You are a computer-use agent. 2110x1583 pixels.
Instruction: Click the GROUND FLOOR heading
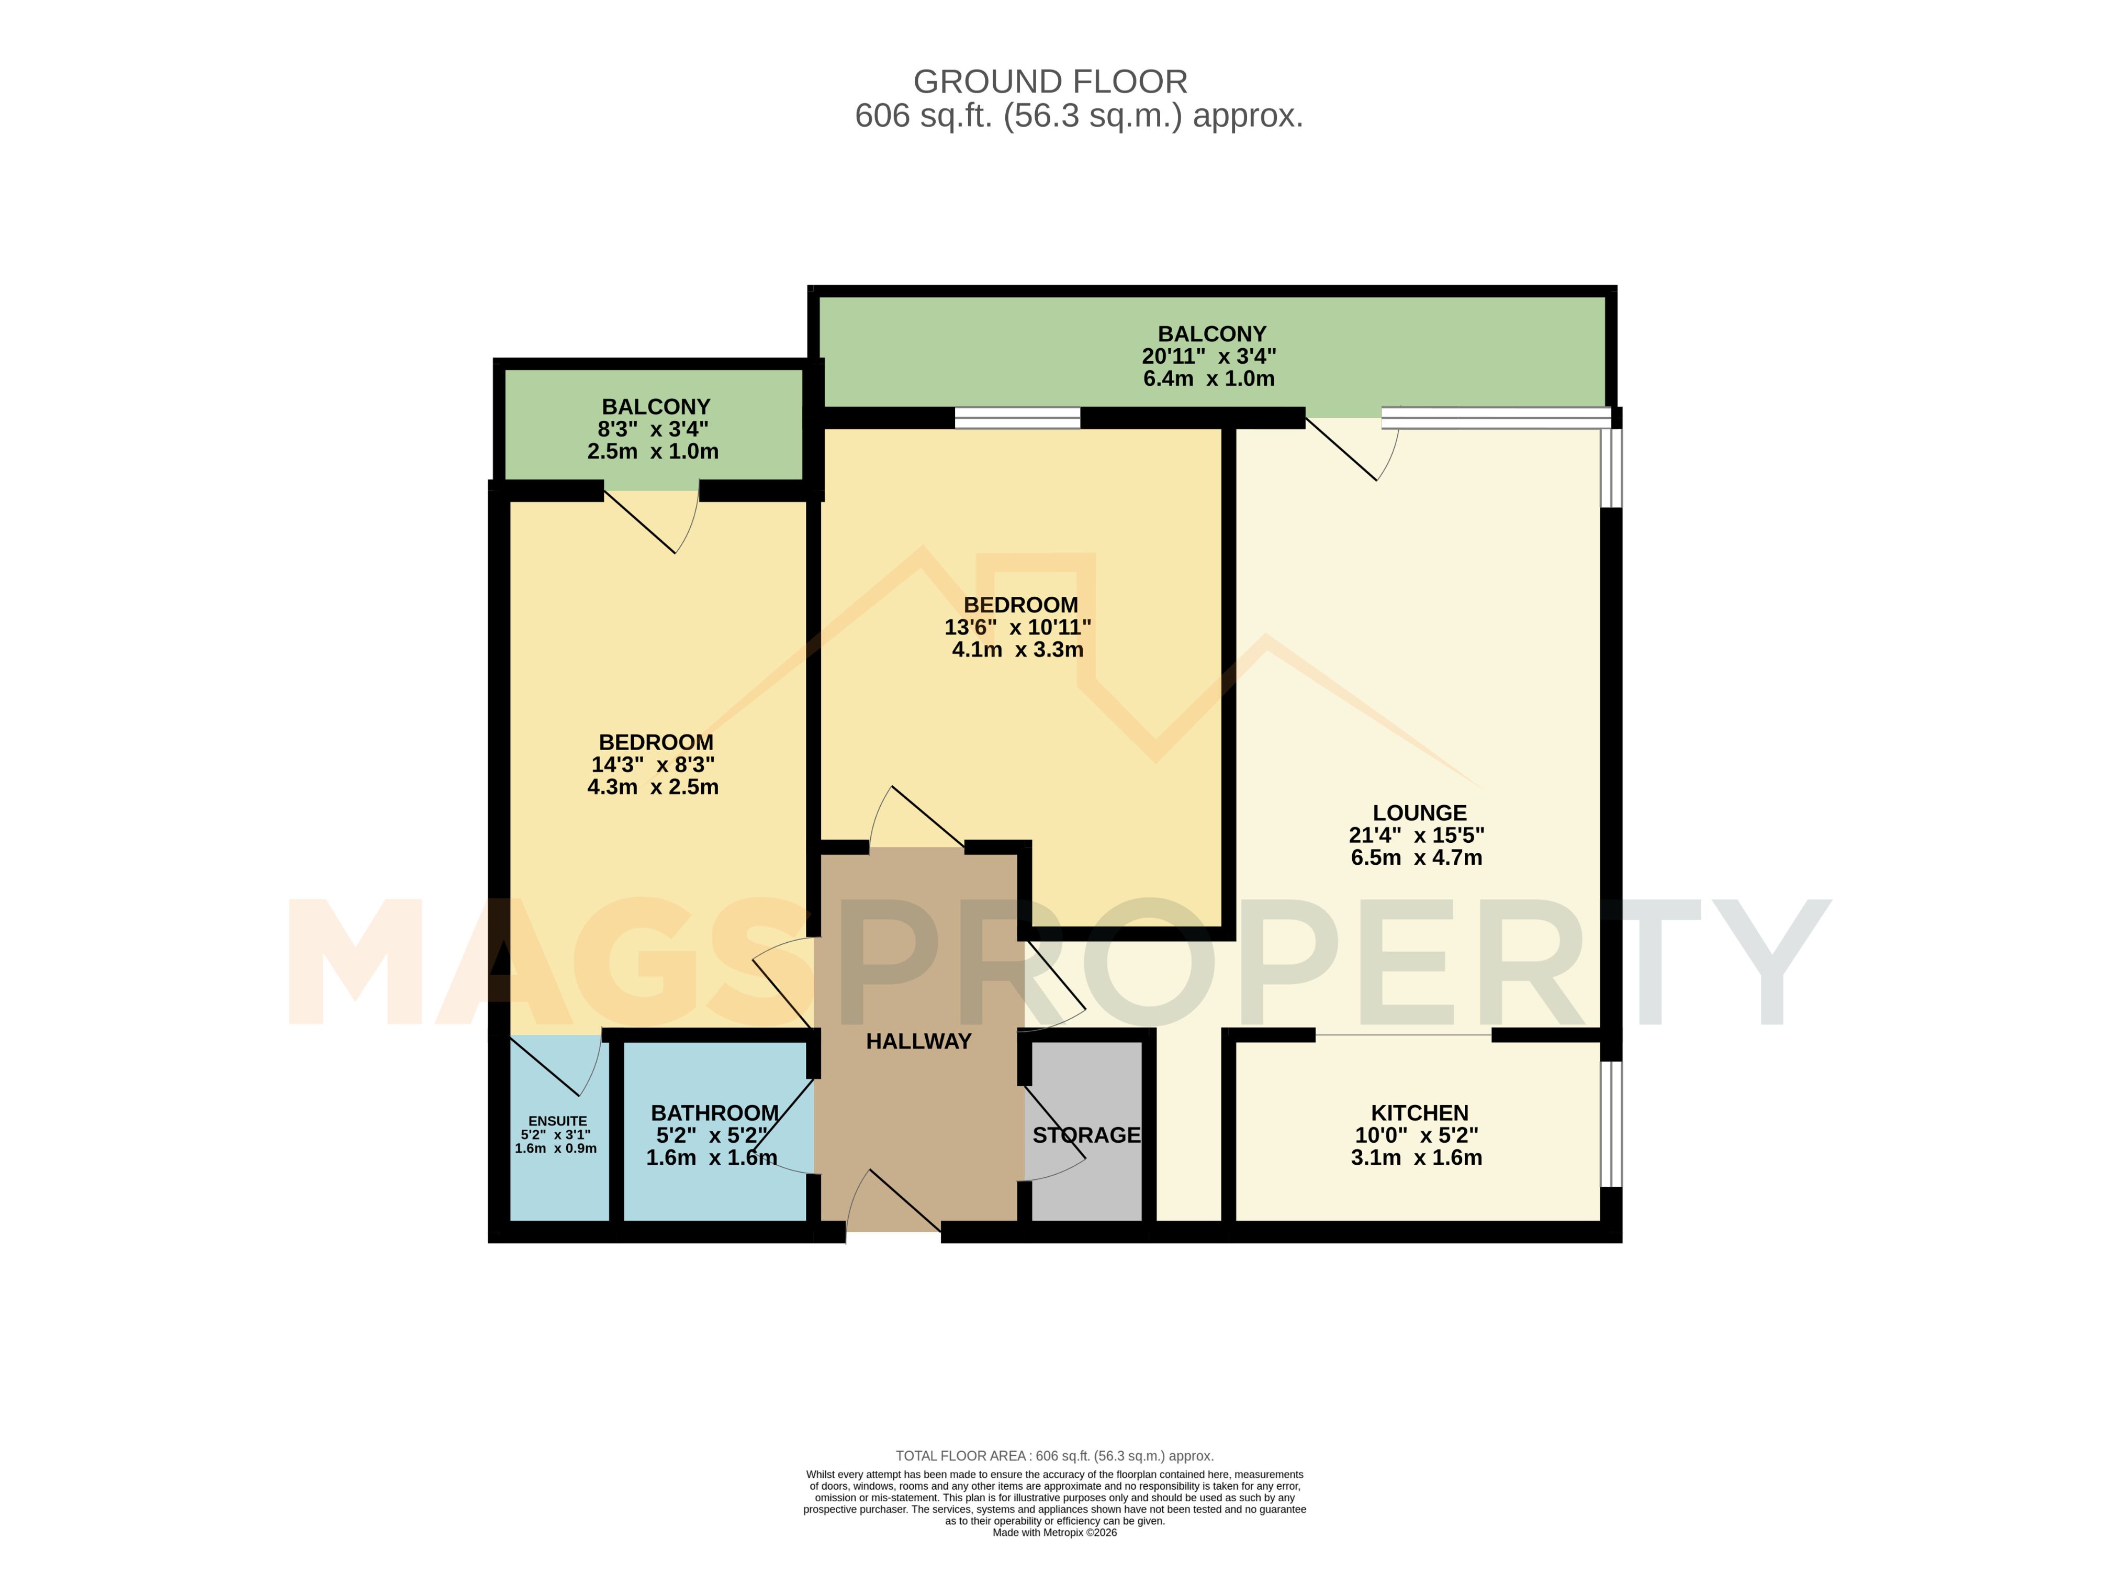point(1050,82)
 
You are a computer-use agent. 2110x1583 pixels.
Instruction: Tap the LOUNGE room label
point(1419,813)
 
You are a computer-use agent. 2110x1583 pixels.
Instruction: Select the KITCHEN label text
point(1419,1112)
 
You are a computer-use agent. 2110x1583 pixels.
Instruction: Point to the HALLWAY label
point(918,1041)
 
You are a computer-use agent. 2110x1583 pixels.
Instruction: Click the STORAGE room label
point(1086,1134)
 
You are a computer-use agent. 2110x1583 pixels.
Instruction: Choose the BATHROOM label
point(714,1112)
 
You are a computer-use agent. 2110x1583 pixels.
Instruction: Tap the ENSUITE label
point(558,1121)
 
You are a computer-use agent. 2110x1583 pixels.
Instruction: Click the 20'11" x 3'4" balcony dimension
point(1209,356)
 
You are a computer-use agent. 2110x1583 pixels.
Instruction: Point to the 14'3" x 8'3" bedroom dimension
point(654,764)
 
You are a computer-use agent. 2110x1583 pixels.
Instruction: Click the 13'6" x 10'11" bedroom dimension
point(1018,627)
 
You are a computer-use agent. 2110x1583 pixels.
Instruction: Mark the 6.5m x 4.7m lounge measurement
point(1417,857)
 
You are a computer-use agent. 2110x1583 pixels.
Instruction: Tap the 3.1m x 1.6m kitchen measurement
point(1417,1157)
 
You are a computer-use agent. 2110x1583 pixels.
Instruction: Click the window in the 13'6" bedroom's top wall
point(1018,418)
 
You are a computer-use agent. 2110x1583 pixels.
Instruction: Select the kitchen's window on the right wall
point(1610,1123)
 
